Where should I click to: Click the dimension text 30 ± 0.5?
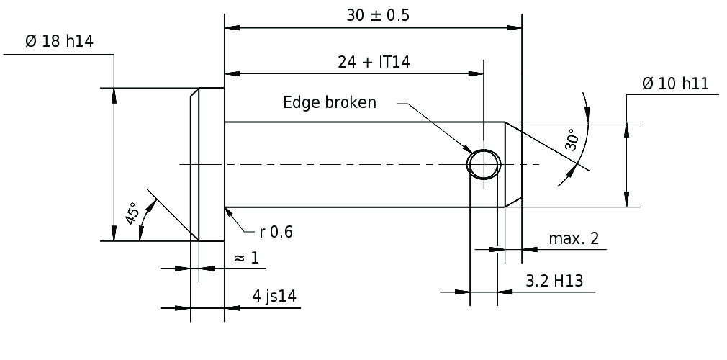point(378,15)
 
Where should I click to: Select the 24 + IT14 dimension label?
point(374,62)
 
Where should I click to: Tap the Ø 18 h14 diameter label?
point(59,41)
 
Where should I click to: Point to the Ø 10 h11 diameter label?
point(676,84)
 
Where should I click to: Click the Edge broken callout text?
point(330,102)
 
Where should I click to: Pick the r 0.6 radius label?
point(276,232)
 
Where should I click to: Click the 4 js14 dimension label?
point(274,295)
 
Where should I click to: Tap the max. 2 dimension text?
point(574,238)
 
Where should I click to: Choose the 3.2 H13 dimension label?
point(554,281)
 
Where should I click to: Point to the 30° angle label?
point(572,140)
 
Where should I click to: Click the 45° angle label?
point(132,213)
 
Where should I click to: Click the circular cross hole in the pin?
point(484,149)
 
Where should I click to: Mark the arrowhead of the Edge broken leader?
point(467,149)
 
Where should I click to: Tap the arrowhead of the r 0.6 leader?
point(228,212)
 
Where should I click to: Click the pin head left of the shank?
point(207,164)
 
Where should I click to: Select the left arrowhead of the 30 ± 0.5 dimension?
point(232,28)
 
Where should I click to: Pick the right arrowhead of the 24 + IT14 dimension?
point(477,73)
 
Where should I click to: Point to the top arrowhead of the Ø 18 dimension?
point(114,95)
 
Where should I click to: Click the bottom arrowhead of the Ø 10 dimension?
point(627,199)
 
